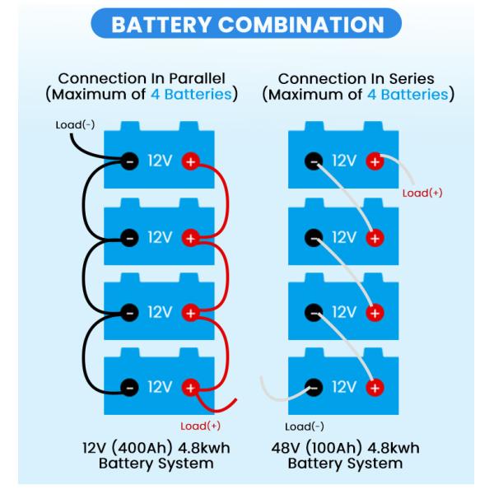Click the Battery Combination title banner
(x=246, y=26)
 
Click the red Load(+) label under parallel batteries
(x=198, y=425)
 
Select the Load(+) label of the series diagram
(x=422, y=193)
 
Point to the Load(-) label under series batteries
(x=304, y=426)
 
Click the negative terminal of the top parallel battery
(x=129, y=161)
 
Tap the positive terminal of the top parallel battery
(x=190, y=161)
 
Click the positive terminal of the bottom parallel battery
(x=190, y=386)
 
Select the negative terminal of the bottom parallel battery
(x=129, y=386)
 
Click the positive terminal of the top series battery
(x=375, y=161)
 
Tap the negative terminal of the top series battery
(x=314, y=161)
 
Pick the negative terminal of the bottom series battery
(x=314, y=386)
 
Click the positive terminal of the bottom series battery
(x=375, y=386)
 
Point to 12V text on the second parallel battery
(x=160, y=238)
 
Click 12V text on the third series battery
(x=344, y=312)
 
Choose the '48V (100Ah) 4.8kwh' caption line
(x=345, y=448)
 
